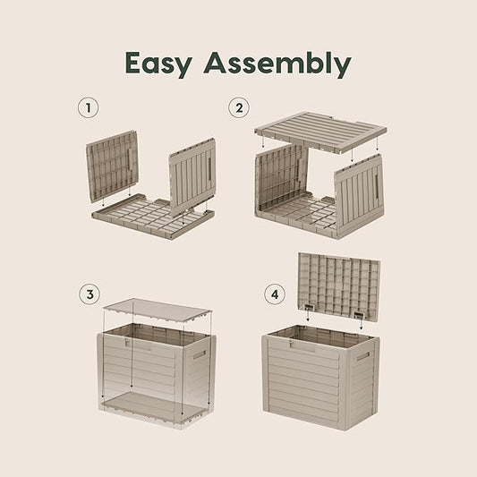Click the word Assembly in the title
[x=277, y=64]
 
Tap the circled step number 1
[x=88, y=109]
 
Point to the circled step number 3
[x=88, y=294]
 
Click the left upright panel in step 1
[x=113, y=165]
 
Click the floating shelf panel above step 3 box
[x=157, y=311]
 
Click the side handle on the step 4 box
[x=362, y=356]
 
